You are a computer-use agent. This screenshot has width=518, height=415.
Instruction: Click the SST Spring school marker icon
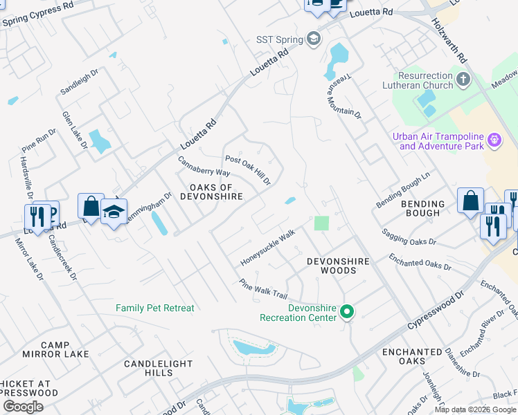coord(314,38)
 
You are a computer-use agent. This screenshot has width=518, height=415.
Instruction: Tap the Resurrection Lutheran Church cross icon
coord(463,80)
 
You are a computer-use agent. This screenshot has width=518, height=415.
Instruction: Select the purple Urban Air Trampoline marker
coord(494,140)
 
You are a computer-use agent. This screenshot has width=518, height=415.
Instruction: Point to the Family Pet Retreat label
coord(155,308)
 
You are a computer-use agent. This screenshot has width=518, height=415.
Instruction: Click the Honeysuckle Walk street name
coord(267,248)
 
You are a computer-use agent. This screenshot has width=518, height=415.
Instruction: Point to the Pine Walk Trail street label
coord(262,289)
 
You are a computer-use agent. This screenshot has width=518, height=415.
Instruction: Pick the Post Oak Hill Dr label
coord(247,169)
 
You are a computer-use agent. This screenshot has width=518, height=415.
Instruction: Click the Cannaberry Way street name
coord(204,167)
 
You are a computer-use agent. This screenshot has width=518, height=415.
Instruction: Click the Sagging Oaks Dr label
coord(409,237)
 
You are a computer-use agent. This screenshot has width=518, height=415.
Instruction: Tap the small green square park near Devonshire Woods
coord(321,223)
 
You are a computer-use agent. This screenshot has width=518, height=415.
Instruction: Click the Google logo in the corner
coord(23,407)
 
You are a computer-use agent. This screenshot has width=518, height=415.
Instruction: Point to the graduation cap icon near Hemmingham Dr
coord(114,212)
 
